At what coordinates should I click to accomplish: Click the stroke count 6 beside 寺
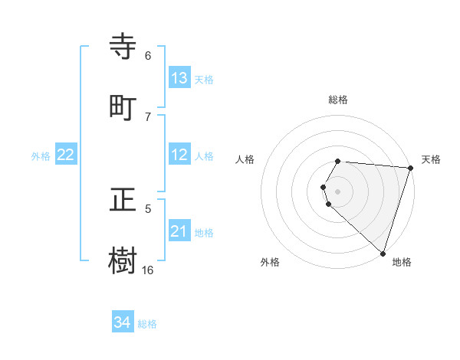[147, 56]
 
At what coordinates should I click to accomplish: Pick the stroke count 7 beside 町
[147, 116]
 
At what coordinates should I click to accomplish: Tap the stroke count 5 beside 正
[147, 208]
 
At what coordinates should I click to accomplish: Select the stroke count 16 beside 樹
[147, 270]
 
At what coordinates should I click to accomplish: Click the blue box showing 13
[179, 78]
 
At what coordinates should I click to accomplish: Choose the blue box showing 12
[179, 155]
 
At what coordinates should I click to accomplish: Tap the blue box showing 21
[179, 231]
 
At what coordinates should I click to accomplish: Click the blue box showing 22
[65, 155]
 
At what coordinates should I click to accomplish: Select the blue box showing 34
[123, 322]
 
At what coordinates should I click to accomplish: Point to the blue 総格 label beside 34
[147, 324]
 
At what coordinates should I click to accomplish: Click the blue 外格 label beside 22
[41, 156]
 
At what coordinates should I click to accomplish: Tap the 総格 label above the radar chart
[338, 100]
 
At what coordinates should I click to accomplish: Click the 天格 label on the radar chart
[431, 159]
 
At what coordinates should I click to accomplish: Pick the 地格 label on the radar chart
[402, 262]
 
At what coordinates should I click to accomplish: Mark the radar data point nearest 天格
[411, 168]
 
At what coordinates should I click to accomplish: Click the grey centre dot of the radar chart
[338, 191]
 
